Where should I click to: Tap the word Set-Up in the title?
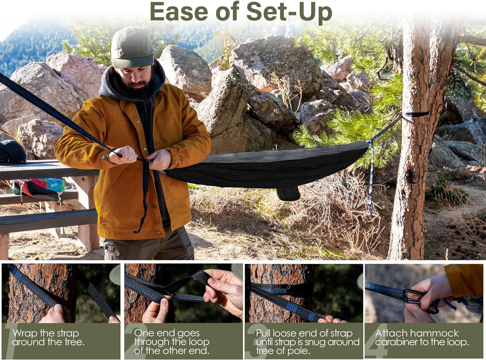click(x=289, y=12)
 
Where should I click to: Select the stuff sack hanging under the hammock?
click(x=288, y=194)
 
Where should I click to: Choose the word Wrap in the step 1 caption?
click(x=25, y=333)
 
